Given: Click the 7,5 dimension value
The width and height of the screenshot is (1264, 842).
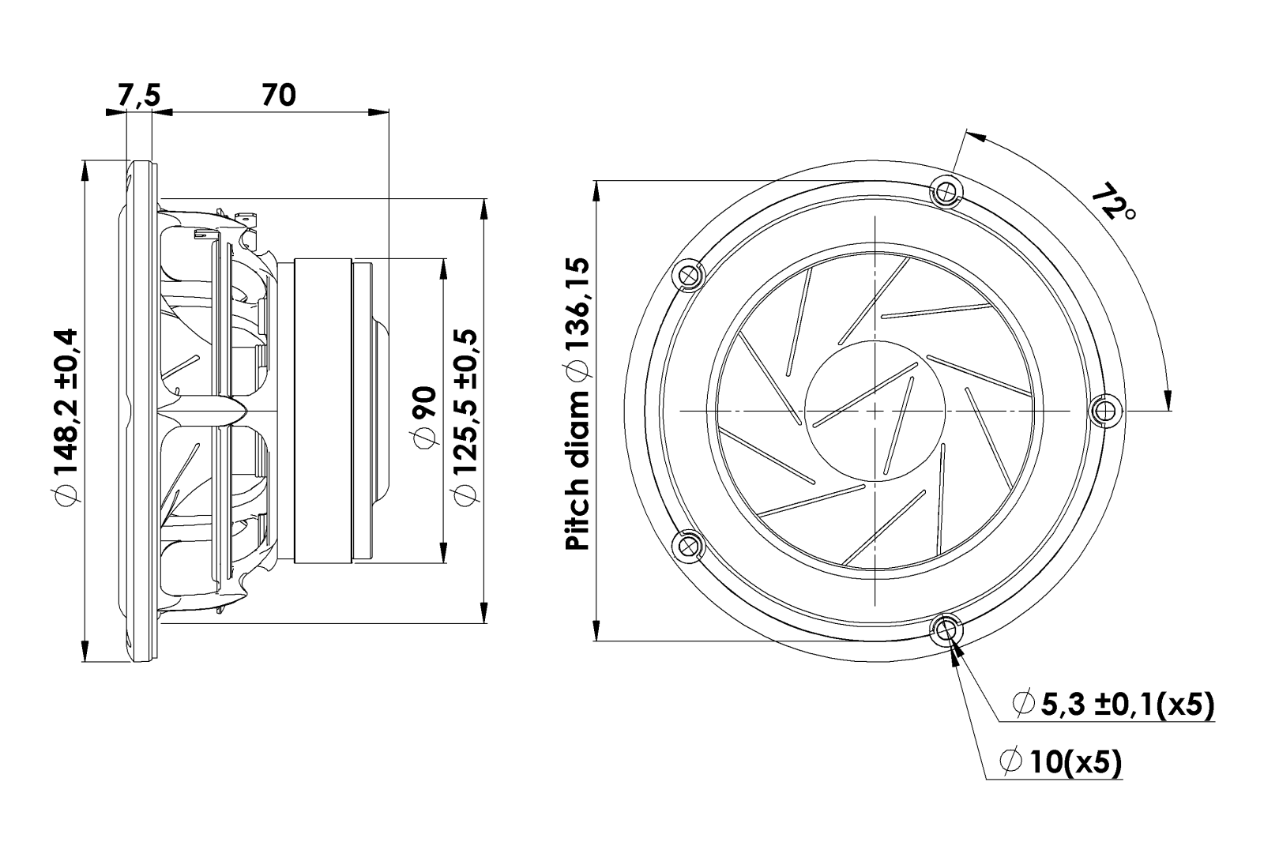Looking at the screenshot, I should click(140, 95).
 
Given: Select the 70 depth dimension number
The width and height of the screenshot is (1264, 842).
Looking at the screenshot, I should click(278, 95).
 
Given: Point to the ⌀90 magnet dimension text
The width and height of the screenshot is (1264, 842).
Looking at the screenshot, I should click(425, 417).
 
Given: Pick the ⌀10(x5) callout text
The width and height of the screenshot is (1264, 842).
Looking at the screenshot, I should click(1061, 762).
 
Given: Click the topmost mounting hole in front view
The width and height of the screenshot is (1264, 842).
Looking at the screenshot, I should click(946, 190).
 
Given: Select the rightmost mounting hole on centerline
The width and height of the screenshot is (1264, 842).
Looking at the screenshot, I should click(1107, 410).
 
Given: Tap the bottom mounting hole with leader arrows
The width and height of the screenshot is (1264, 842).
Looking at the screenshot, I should click(946, 630).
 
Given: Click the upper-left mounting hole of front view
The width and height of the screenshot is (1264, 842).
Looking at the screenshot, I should click(688, 276).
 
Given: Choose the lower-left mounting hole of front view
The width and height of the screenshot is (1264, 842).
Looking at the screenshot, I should click(688, 546).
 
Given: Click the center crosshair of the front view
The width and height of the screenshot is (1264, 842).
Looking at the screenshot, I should click(875, 410).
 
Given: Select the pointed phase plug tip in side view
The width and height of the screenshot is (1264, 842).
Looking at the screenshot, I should click(242, 411).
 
